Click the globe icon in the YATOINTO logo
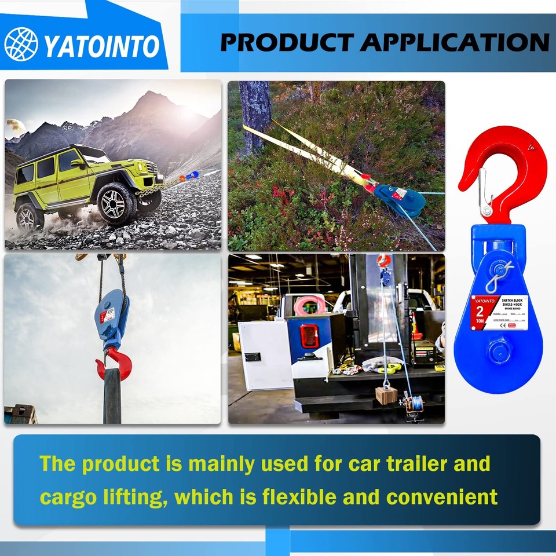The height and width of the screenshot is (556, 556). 21,44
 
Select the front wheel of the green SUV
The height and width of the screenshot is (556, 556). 118,202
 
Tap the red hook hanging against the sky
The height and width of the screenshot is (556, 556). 115,363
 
